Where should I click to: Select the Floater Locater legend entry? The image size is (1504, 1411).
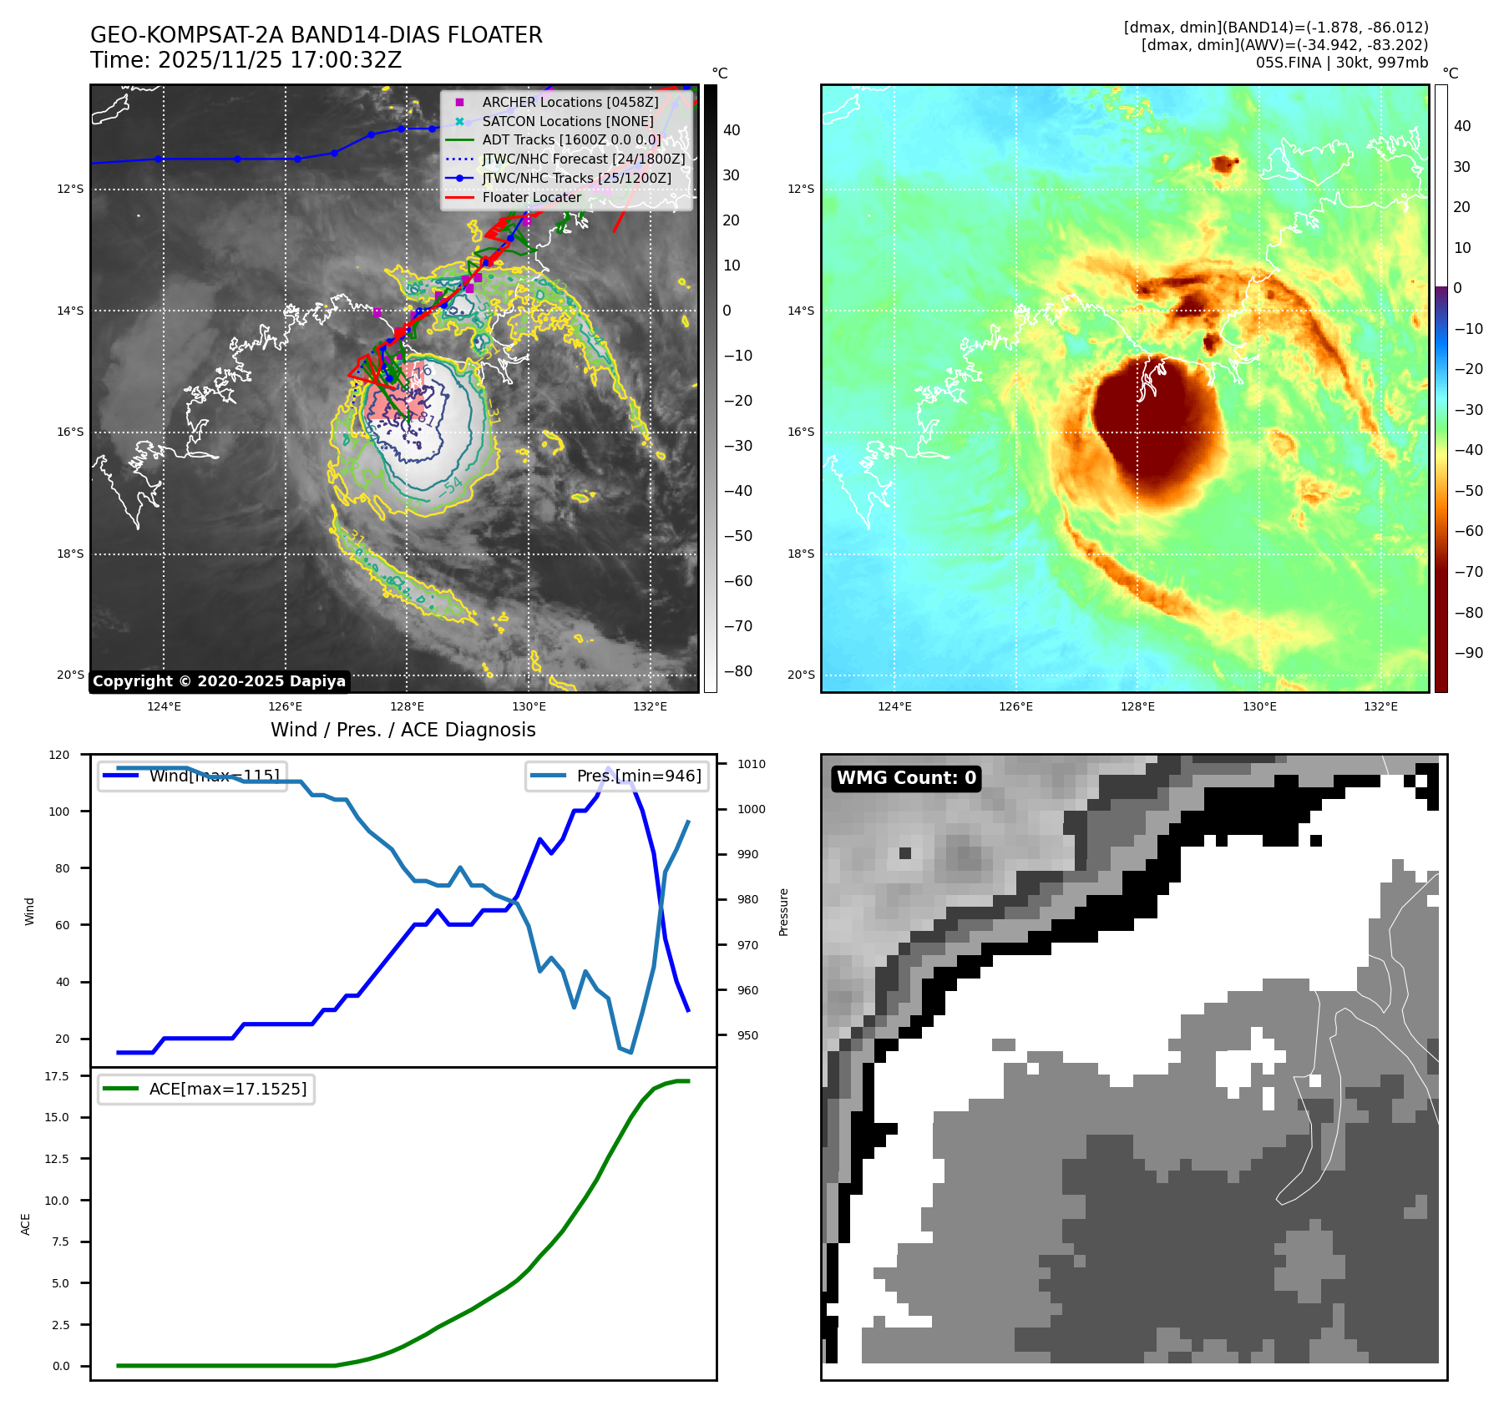531,197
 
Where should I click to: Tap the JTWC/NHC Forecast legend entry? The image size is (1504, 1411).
583,159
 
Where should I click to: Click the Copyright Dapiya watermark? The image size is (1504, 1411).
219,681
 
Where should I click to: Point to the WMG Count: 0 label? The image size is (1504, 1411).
906,778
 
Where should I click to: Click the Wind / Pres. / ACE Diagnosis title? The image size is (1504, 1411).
403,730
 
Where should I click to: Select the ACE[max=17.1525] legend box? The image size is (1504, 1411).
205,1089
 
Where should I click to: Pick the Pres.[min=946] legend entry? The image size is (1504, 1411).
618,776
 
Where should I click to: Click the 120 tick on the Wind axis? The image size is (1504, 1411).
59,755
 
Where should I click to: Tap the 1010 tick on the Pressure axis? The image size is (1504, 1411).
751,764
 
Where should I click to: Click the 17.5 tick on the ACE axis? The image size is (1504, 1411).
57,1076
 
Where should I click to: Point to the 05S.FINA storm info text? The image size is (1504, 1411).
1341,63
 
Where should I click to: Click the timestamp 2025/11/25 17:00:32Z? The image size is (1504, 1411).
279,60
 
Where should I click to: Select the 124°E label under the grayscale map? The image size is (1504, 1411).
164,706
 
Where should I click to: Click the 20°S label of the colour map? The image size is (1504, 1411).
801,675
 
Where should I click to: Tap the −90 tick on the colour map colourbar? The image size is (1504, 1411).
1468,653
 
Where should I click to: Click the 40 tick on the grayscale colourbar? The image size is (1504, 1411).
732,129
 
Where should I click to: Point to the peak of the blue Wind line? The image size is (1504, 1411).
609,767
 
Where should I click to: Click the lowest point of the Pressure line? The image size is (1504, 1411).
631,1052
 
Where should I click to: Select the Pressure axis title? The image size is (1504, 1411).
784,912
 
